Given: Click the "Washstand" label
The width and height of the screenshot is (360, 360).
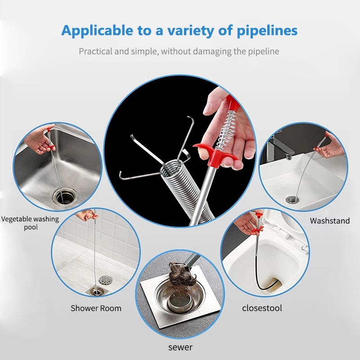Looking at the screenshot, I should (329, 220).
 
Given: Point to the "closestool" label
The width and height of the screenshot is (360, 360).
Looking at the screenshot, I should (262, 308).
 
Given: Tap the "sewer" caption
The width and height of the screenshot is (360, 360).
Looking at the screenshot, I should (180, 347).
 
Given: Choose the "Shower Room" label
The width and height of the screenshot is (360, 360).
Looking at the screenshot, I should (96, 308).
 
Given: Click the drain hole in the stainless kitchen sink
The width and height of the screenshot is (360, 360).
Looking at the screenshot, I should (63, 196).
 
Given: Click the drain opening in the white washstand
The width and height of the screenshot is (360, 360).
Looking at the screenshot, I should (292, 199).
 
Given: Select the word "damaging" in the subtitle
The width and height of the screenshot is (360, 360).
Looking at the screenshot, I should (211, 51).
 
